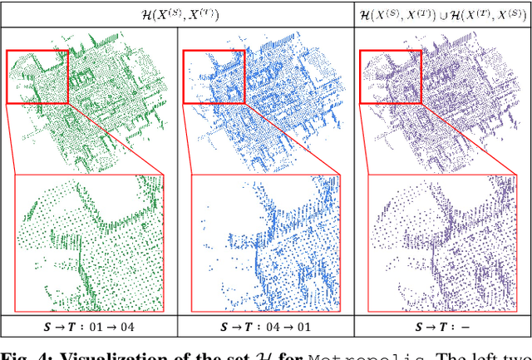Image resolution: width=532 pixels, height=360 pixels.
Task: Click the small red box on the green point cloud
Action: pyautogui.click(x=37, y=76)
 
